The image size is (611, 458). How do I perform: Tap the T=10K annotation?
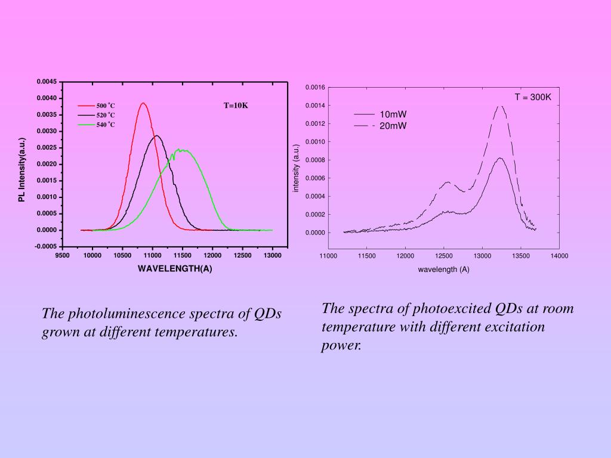coord(236,106)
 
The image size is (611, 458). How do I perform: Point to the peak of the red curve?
coord(143,103)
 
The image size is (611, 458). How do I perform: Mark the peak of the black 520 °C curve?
coord(157,135)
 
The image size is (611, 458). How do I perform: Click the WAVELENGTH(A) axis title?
coord(175,268)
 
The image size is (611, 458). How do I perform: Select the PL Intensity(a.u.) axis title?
coord(22,170)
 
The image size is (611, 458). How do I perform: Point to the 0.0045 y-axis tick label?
coord(46,82)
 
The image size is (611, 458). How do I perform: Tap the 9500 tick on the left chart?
coord(62,255)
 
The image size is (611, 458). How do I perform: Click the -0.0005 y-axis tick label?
coord(45,246)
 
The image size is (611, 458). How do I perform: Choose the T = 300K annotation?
coord(533,97)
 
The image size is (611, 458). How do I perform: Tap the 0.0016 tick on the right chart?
coord(315,88)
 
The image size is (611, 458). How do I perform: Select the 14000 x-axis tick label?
coord(559,256)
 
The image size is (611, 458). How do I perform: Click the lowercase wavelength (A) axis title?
coord(443,269)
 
